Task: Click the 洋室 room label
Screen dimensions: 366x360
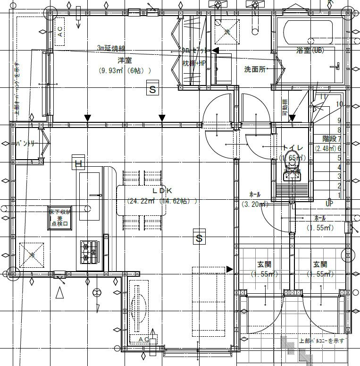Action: (125, 60)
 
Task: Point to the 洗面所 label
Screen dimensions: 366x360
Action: (255, 69)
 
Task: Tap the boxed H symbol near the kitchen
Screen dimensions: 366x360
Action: (78, 164)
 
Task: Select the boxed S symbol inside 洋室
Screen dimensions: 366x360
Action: (152, 89)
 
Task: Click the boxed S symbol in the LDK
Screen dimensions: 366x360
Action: (199, 238)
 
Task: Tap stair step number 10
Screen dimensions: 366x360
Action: (339, 104)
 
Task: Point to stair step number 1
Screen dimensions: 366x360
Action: (339, 195)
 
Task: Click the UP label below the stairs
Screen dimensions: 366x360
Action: (330, 204)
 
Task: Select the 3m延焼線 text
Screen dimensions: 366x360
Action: (111, 48)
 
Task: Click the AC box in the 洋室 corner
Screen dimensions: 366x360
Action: (60, 31)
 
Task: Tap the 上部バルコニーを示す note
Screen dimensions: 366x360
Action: (322, 340)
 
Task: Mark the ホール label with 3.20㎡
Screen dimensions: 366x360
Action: (255, 199)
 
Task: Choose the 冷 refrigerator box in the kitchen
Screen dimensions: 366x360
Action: (32, 255)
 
